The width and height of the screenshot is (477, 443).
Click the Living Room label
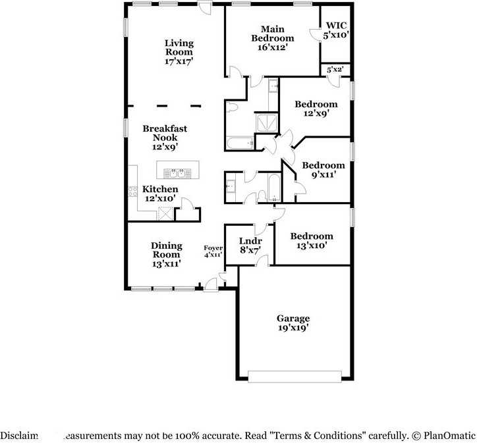179,48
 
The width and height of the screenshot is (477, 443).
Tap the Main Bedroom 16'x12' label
272,38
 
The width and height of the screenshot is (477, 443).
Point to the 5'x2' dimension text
335,69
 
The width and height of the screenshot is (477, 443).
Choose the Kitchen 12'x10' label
159,194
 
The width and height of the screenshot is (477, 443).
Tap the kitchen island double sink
175,173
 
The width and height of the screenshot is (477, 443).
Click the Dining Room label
166,254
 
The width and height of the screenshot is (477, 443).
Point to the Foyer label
212,249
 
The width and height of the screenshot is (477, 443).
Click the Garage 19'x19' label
293,323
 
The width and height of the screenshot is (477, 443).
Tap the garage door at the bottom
295,377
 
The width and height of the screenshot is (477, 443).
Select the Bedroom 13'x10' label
312,241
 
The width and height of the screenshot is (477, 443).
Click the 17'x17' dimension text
179,61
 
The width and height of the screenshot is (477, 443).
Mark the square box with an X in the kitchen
165,213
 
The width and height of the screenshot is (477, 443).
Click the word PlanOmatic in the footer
447,435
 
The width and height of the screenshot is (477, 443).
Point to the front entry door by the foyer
211,284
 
